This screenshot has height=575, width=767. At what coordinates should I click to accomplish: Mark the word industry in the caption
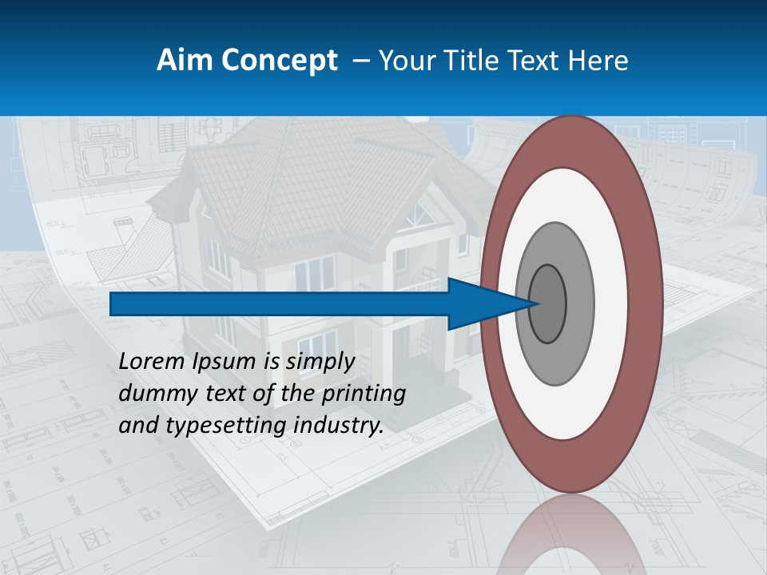click(339, 426)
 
